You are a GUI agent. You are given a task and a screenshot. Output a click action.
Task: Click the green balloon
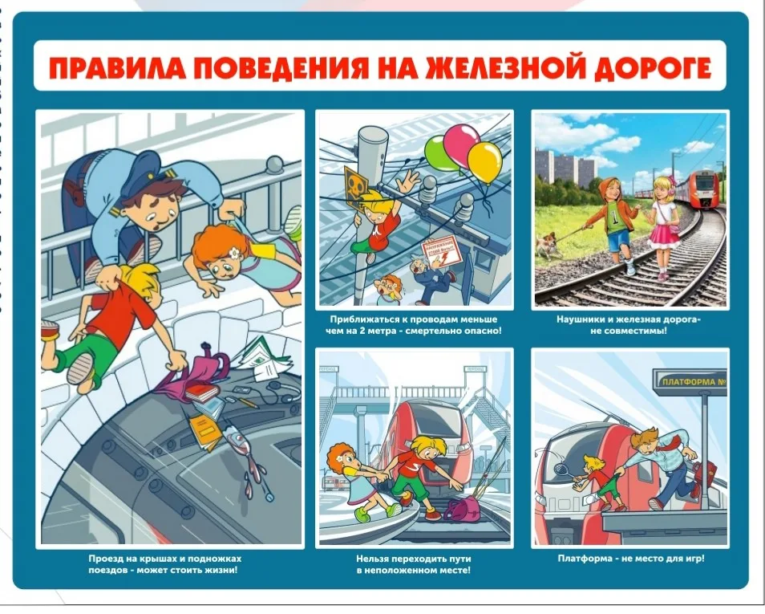tap(438, 150)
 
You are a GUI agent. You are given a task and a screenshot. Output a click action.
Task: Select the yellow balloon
tap(484, 161)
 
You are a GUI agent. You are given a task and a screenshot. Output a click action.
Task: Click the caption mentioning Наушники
tap(629, 324)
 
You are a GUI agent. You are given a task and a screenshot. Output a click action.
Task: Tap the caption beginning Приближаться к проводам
tap(414, 324)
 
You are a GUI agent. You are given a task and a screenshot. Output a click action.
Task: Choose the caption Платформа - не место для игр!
tap(630, 559)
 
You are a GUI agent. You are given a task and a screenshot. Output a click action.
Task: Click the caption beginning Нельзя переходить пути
tap(413, 564)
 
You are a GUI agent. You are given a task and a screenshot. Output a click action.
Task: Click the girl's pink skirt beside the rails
tap(664, 235)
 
